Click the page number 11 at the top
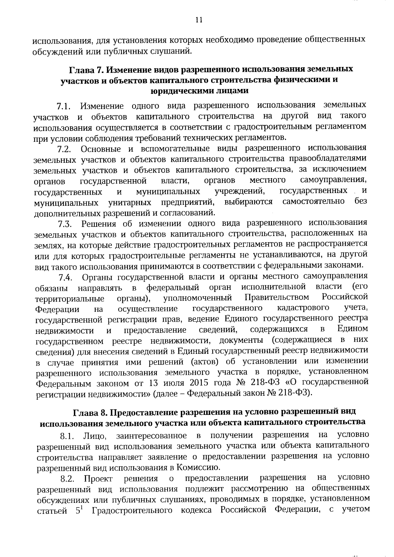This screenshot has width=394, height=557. (198, 20)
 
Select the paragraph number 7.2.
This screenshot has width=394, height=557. (64, 149)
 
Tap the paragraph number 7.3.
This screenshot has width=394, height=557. (65, 225)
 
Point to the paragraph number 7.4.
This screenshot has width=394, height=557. (65, 278)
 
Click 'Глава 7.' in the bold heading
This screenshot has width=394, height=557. (86, 70)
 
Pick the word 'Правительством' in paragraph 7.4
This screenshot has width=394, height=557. (277, 297)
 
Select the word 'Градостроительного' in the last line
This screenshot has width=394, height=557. (132, 511)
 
